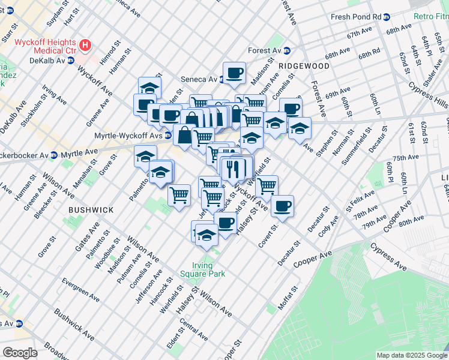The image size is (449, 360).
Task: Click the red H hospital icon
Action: click(86, 44)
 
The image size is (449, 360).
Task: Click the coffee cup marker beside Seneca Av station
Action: click(234, 73)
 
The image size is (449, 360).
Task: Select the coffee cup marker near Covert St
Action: click(282, 206)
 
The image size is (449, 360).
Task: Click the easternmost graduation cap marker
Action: click(300, 127)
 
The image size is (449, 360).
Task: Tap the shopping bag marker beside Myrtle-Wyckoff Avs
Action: click(185, 135)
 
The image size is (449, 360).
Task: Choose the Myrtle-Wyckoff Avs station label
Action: click(128, 136)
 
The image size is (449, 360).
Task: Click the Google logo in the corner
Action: click(20, 353)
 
